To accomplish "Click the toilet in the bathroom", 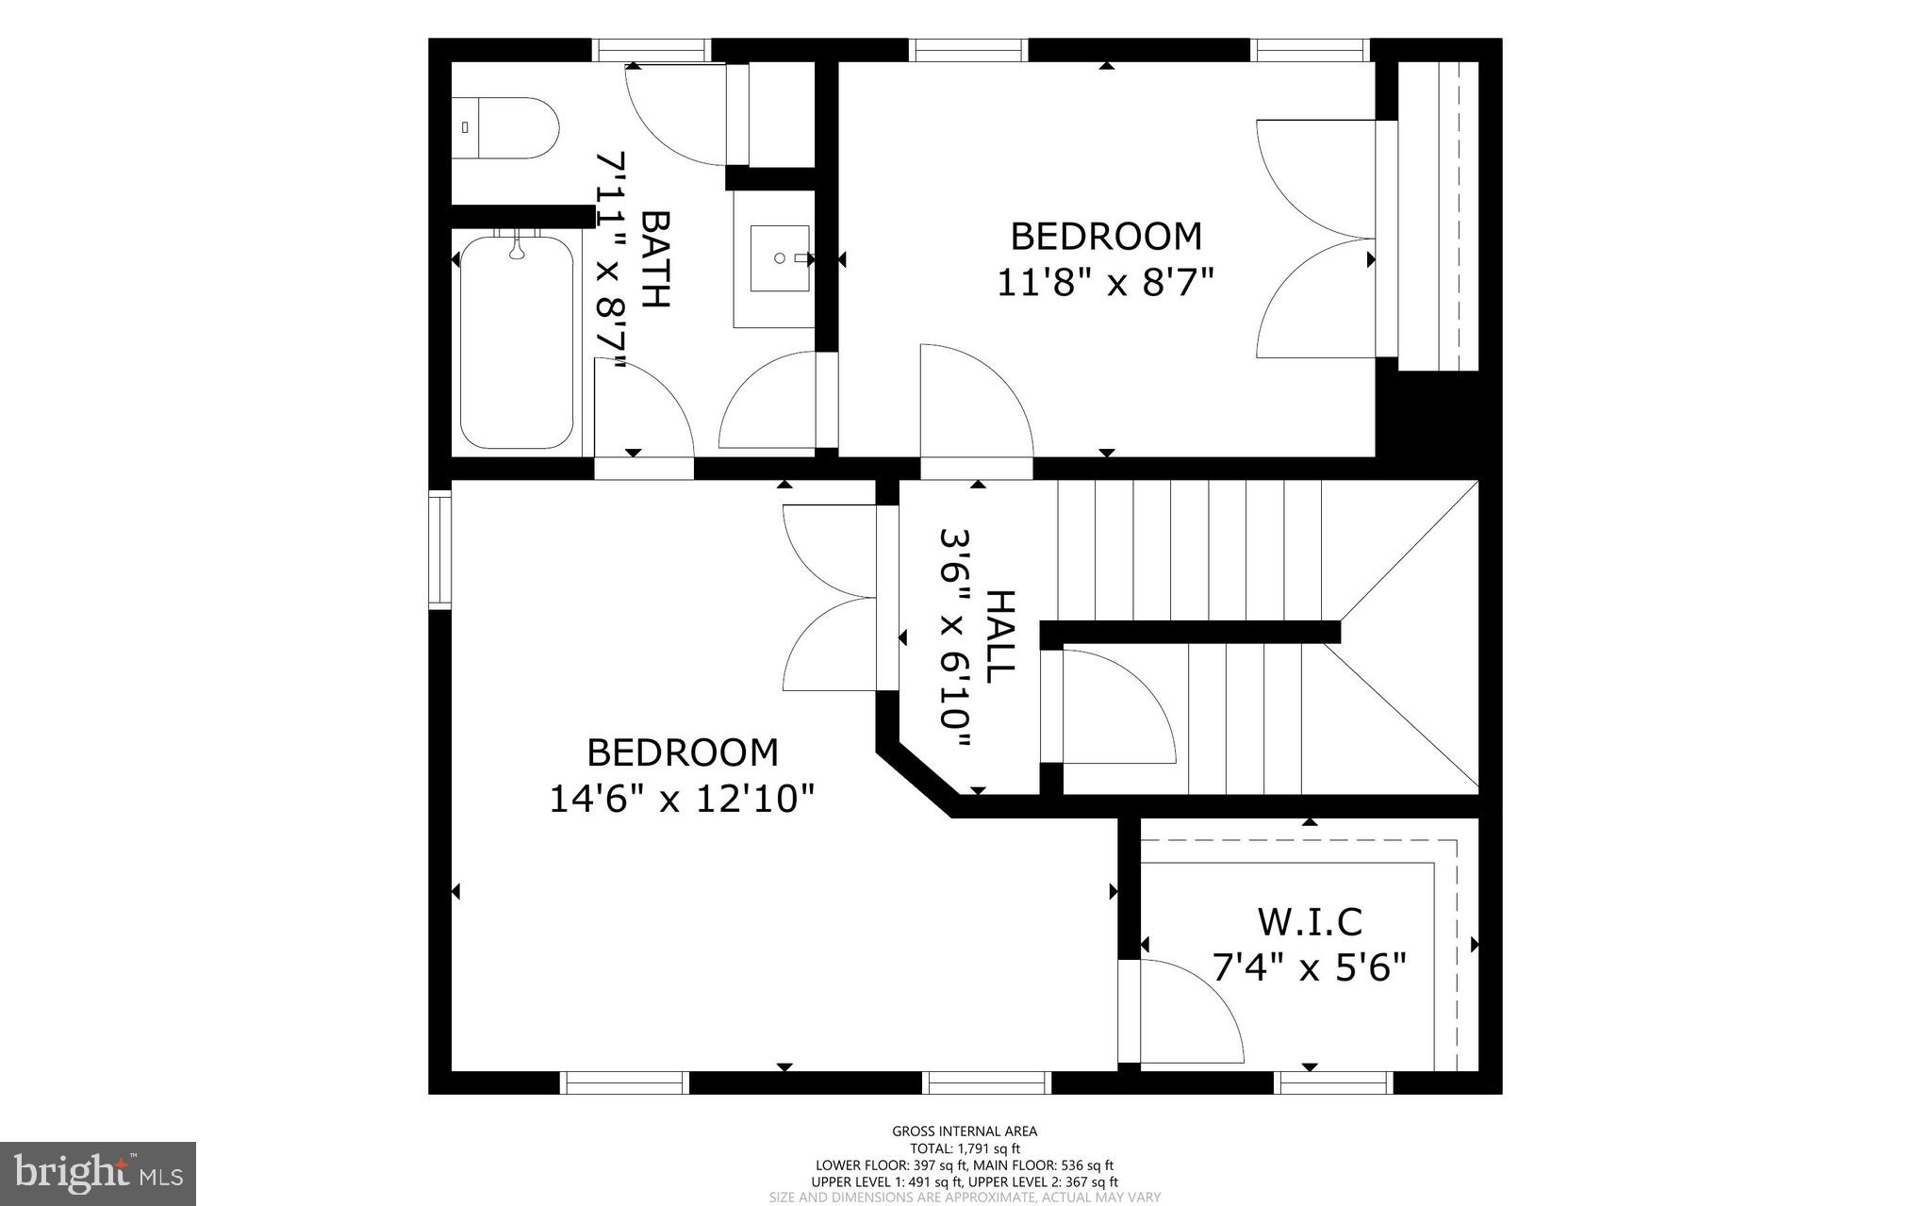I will click(507, 128).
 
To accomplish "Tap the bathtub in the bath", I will click(516, 343).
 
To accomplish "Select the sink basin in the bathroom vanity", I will click(779, 257).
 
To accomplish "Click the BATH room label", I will click(654, 259).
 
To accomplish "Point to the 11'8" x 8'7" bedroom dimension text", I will click(1105, 282).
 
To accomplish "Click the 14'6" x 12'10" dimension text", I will click(682, 800).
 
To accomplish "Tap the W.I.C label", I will click(1310, 922).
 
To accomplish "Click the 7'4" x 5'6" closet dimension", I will click(1310, 968).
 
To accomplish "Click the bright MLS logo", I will click(98, 1174).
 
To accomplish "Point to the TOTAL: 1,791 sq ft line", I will click(965, 1148).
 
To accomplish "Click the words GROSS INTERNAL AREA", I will click(965, 1132).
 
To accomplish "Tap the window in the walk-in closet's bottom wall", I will click(1332, 1082).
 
